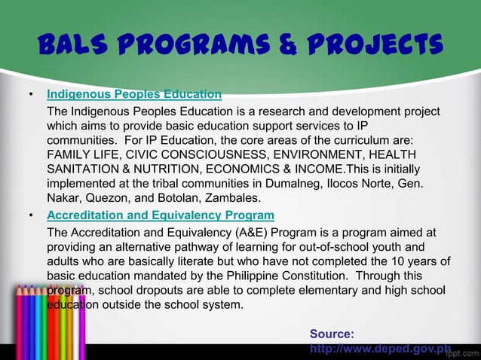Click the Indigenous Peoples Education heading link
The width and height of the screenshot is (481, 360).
coord(134,95)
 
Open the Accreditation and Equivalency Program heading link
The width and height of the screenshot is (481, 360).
coord(161,215)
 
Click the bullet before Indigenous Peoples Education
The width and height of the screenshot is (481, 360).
coord(30,96)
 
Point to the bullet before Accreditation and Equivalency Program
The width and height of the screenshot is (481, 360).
coord(30,215)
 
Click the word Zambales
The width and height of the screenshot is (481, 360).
coord(233,198)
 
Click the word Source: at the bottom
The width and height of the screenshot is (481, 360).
coord(332,334)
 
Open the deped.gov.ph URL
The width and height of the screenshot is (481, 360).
coord(380,349)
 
